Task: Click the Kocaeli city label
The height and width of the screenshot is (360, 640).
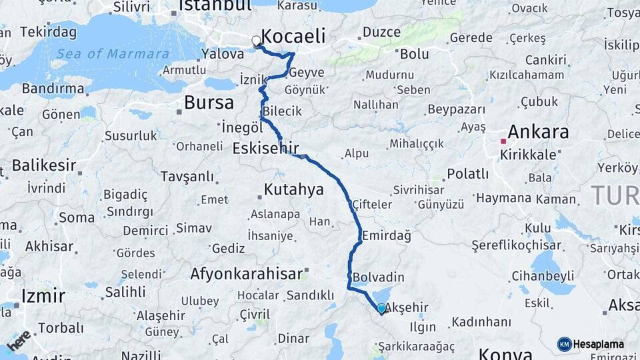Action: click(293, 35)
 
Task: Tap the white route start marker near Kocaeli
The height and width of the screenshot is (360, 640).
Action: click(256, 41)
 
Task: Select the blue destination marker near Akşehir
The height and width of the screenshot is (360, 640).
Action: click(381, 309)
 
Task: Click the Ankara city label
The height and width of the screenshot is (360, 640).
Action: click(538, 131)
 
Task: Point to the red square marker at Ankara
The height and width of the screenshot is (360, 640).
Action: click(503, 141)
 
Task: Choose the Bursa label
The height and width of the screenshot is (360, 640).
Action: click(209, 103)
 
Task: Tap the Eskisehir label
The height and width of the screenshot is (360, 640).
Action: click(265, 147)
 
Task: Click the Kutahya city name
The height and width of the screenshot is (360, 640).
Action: click(293, 189)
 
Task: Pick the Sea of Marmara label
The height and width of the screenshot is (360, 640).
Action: click(112, 54)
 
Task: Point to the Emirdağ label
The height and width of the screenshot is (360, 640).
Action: click(387, 235)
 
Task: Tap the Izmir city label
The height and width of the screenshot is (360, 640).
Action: click(43, 295)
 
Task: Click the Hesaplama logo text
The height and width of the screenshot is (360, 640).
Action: click(599, 344)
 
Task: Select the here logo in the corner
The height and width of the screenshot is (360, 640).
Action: click(19, 340)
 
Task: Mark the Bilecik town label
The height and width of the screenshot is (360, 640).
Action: click(282, 111)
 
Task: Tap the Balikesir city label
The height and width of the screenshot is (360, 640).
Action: click(43, 164)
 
